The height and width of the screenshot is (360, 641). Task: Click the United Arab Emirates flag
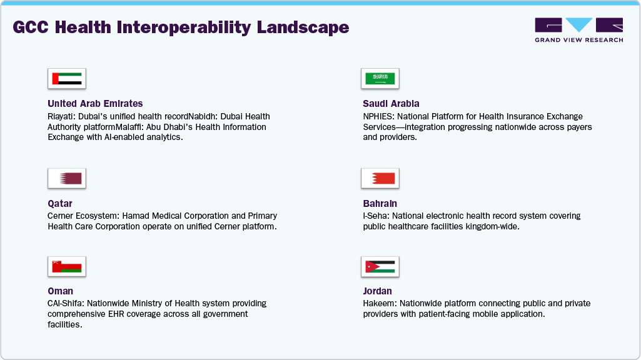[x=67, y=79]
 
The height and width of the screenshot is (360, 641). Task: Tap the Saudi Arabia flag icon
[x=380, y=79]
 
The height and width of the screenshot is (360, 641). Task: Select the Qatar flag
[x=67, y=179]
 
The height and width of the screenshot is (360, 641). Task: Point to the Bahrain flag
[x=380, y=179]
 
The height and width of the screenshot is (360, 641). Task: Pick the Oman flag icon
[x=67, y=266]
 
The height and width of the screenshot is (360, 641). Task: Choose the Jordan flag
[x=380, y=266]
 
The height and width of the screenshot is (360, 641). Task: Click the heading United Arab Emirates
[x=95, y=104]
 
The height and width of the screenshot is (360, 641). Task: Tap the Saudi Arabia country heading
[x=391, y=104]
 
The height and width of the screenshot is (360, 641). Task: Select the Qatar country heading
[x=60, y=204]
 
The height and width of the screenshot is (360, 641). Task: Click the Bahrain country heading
[x=380, y=204]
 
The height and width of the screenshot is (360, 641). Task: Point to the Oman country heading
[x=60, y=291]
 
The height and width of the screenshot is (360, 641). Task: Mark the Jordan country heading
[x=378, y=291]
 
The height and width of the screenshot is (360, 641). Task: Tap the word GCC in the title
[x=28, y=27]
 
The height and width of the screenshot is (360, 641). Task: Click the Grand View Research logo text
[x=578, y=40]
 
